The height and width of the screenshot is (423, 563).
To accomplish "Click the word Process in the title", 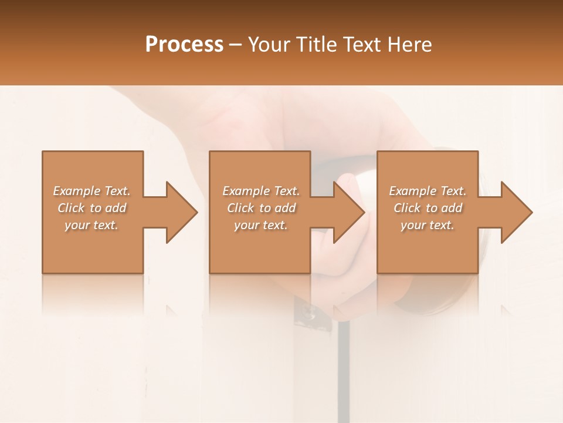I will click(184, 45).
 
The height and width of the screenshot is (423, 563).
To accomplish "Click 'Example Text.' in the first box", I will click(91, 191).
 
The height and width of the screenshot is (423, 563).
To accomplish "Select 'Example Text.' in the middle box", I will click(260, 191).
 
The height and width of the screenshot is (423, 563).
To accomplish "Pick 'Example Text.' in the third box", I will click(428, 191).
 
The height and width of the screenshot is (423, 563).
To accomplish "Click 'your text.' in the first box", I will click(91, 225).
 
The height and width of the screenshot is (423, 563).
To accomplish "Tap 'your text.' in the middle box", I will click(260, 225).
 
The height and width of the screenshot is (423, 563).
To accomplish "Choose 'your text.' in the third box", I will click(428, 225).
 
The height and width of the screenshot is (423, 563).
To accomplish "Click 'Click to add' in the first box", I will click(91, 208).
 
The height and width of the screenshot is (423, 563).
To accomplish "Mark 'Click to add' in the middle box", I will click(260, 208).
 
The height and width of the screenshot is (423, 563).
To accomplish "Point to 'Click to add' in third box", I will click(428, 208).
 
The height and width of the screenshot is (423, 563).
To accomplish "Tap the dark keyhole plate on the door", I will click(308, 314).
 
